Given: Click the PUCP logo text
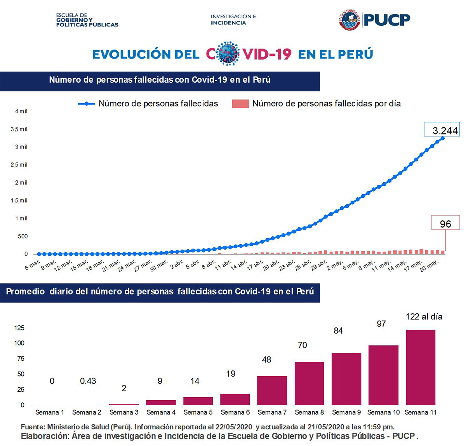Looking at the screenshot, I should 387,19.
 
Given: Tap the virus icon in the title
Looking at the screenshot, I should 228,54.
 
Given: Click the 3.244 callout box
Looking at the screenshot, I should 442,130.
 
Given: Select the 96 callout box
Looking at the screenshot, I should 445,223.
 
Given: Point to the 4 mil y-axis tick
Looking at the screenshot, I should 21,111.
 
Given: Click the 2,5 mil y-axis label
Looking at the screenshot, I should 19,165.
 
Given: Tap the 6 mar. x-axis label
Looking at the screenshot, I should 33,264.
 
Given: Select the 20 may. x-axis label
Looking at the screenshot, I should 429,266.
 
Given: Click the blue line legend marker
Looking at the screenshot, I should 87,104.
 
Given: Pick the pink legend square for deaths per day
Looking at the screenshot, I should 240,104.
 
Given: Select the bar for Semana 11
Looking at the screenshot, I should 421,367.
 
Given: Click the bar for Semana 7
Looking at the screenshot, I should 272,390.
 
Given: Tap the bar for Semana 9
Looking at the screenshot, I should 346,379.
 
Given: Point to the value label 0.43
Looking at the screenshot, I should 88,381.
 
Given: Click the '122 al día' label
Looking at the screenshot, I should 424,316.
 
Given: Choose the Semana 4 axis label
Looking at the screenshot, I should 161,412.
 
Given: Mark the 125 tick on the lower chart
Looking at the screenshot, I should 19,328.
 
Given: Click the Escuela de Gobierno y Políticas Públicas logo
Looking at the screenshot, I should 87,20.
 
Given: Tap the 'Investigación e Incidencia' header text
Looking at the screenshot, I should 233,20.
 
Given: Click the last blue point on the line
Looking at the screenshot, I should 442,138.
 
